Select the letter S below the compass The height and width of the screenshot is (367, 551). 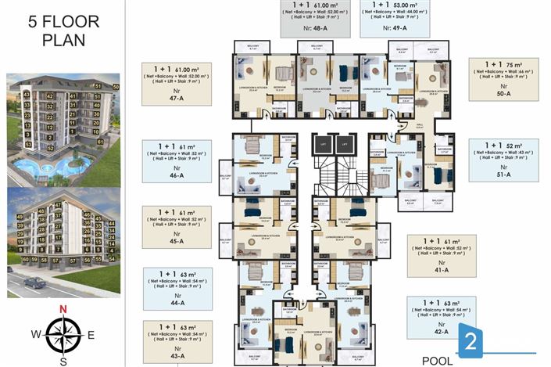[x=63, y=361]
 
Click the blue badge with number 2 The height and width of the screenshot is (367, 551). [x=471, y=340]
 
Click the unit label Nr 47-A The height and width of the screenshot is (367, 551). [x=176, y=95]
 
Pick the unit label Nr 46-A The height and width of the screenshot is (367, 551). [x=176, y=171]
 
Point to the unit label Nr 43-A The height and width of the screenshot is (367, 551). [x=176, y=352]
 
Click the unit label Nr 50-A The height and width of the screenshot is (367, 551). [x=503, y=89]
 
